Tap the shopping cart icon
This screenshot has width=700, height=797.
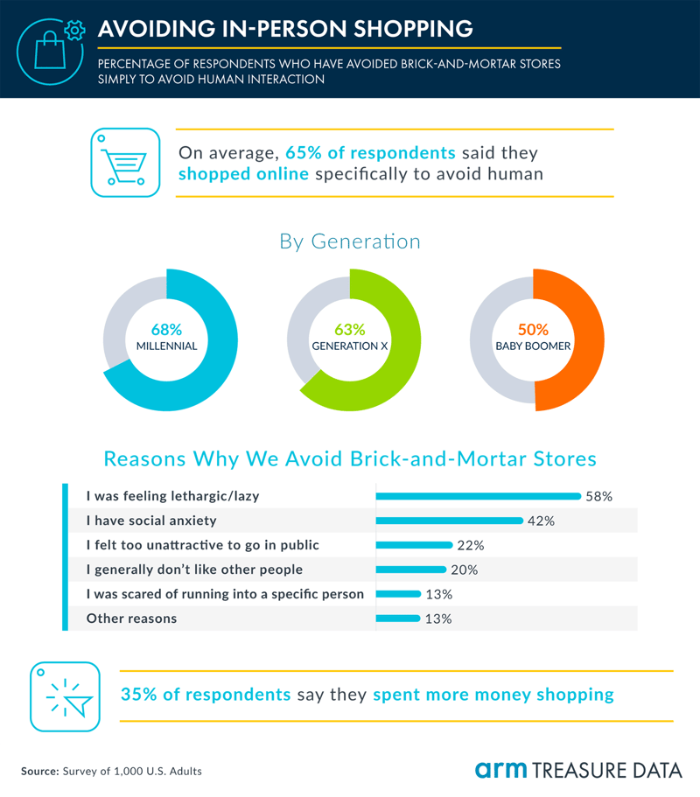tap(125, 163)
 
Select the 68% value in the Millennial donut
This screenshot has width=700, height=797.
tap(166, 330)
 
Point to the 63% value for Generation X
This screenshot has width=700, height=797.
tap(350, 330)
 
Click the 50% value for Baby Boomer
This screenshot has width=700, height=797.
tap(533, 330)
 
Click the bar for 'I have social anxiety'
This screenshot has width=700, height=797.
tap(449, 521)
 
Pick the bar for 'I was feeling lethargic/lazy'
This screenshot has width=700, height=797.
tap(478, 496)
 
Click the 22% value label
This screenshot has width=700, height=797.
tap(470, 545)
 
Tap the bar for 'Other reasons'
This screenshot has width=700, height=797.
tap(398, 619)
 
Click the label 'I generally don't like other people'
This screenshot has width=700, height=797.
tap(194, 570)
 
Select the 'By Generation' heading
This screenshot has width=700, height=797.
tap(350, 241)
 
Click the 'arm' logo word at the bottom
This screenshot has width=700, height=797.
tap(501, 770)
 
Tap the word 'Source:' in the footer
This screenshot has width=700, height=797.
tap(39, 771)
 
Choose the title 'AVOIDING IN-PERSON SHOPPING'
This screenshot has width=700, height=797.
tap(286, 28)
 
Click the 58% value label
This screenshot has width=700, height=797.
tap(599, 496)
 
